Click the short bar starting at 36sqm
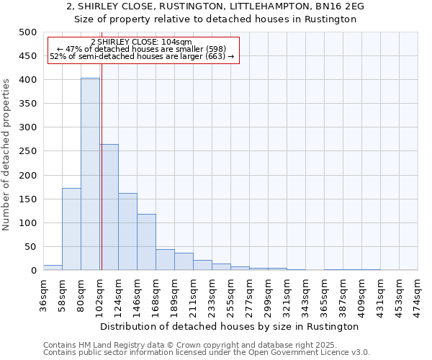tap(53, 268)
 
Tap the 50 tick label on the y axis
tap(30, 247)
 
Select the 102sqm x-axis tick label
tap(99, 293)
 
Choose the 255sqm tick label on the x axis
tap(230, 293)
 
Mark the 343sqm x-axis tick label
tap(305, 293)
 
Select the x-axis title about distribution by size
tap(230, 326)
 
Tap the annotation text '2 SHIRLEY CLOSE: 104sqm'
tap(141, 42)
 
